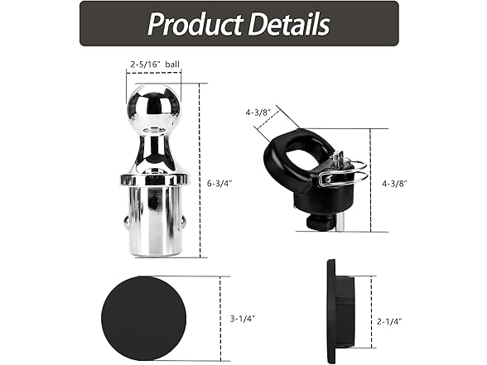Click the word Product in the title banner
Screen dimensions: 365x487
tap(192, 24)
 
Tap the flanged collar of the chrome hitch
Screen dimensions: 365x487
tap(153, 178)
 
